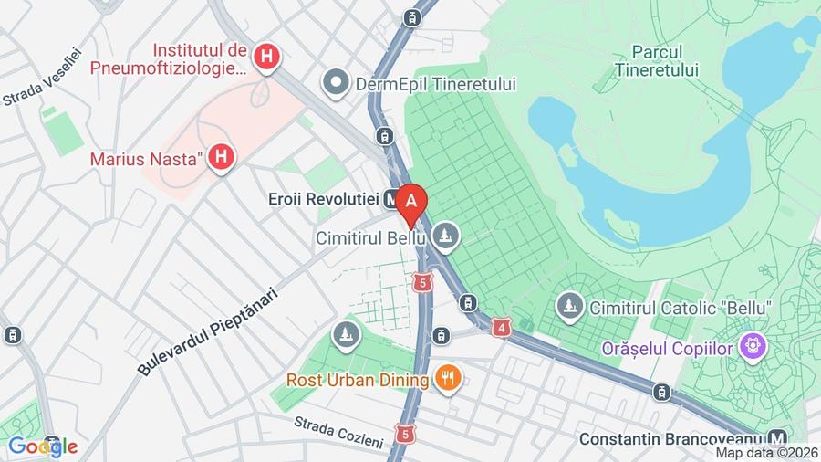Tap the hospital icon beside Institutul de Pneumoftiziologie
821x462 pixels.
(x=266, y=58)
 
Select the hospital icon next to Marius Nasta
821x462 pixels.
(x=220, y=159)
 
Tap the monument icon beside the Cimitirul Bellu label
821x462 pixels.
(x=446, y=236)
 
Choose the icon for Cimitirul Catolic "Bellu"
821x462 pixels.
(x=570, y=307)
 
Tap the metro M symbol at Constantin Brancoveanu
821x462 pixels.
(x=777, y=438)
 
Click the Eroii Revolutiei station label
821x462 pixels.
(x=324, y=197)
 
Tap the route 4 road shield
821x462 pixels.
(x=501, y=327)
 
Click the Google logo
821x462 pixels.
(x=42, y=446)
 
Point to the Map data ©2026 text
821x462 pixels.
(x=765, y=452)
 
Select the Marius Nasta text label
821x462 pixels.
(x=145, y=159)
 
